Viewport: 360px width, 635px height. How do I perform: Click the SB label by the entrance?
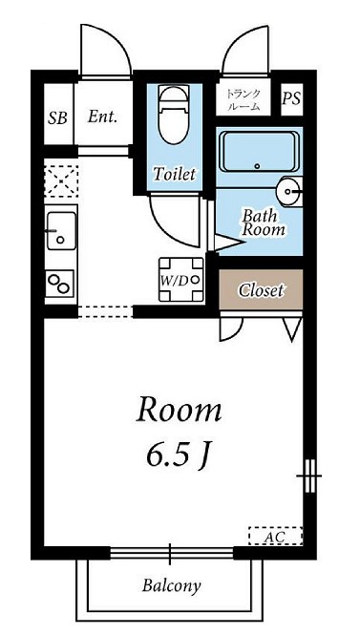[x=57, y=117]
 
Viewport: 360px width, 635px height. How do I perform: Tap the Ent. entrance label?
[x=102, y=117]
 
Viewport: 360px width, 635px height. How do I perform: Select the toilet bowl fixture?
[x=174, y=115]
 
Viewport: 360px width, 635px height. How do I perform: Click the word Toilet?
[x=174, y=174]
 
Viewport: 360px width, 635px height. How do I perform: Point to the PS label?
[x=291, y=98]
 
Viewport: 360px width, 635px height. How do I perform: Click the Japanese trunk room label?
[x=243, y=100]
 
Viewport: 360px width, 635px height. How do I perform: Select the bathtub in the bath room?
[x=259, y=152]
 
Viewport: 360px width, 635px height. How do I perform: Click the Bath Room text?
[x=264, y=222]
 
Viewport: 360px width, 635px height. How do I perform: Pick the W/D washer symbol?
[x=181, y=280]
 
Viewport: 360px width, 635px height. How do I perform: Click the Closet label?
[x=261, y=290]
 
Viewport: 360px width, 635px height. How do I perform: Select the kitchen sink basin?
[x=61, y=231]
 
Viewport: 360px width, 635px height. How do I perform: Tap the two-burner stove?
[x=60, y=284]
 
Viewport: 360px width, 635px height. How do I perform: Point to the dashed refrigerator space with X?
[x=61, y=181]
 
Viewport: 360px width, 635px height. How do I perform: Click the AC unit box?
[x=275, y=536]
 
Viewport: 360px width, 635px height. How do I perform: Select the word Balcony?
[x=172, y=585]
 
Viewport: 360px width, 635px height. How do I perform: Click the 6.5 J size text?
[x=180, y=457]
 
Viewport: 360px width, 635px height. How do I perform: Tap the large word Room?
[x=179, y=410]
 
